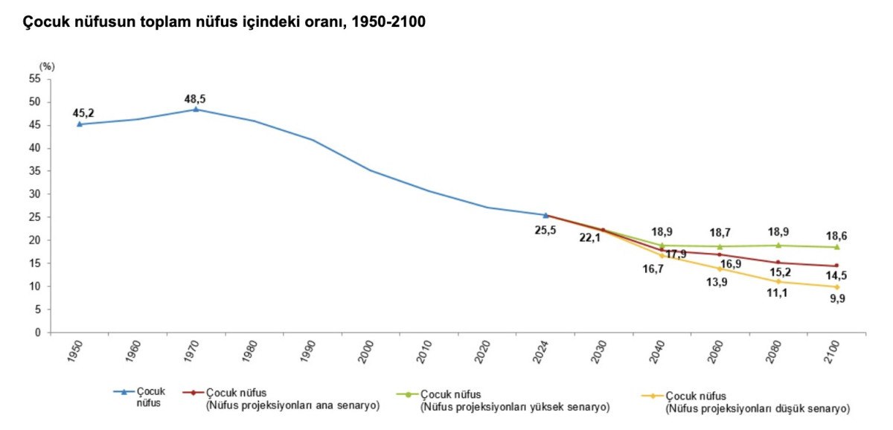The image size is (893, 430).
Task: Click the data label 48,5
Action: [196, 98]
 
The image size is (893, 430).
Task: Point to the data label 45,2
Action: [83, 113]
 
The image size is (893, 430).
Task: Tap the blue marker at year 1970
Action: [196, 109]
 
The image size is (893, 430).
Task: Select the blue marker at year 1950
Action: [80, 124]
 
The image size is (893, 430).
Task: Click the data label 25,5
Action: [545, 230]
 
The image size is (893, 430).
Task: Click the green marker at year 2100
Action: [836, 247]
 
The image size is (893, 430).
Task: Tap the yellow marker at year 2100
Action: [836, 287]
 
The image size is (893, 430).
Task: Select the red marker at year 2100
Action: [836, 266]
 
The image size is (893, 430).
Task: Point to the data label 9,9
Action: [836, 299]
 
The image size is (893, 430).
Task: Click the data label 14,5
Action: [836, 276]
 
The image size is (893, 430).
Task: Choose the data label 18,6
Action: [836, 236]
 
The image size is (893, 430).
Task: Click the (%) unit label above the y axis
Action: [47, 66]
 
